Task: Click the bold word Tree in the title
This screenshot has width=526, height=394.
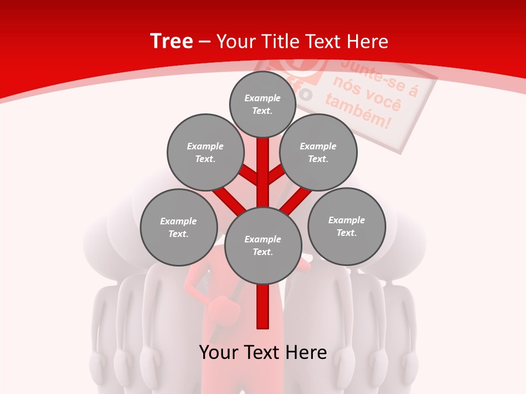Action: (x=171, y=41)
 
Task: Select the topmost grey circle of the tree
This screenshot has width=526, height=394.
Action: (x=262, y=105)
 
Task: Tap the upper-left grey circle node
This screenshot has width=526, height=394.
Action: (x=205, y=153)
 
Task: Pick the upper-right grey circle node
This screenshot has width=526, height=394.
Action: (x=318, y=153)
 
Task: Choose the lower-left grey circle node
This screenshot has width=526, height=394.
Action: (x=179, y=228)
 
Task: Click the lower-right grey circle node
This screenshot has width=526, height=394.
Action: (x=346, y=227)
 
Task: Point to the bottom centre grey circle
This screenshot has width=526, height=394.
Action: (x=263, y=246)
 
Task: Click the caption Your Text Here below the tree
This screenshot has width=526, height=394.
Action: (x=263, y=352)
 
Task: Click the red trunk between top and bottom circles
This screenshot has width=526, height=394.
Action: (x=263, y=172)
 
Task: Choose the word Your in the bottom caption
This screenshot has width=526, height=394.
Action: (x=220, y=352)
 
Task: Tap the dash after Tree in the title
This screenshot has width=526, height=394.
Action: (x=204, y=42)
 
